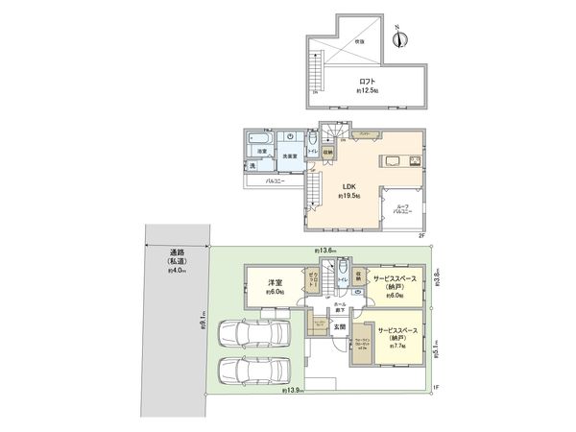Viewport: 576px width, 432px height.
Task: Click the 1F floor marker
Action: pos(434,387)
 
